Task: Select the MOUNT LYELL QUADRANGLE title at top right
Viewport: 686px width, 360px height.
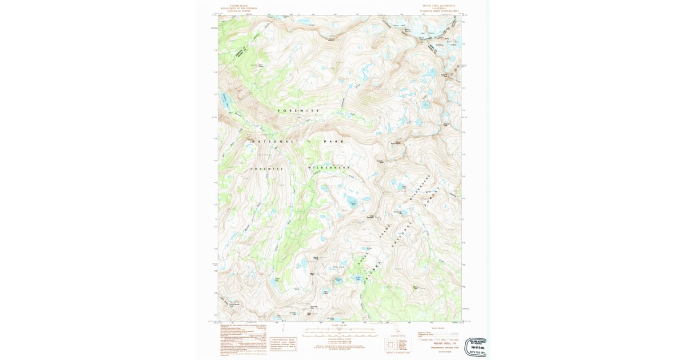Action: (440, 6)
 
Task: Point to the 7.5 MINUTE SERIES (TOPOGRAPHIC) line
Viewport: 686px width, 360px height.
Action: (440, 11)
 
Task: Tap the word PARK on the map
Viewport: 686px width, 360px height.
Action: (332, 141)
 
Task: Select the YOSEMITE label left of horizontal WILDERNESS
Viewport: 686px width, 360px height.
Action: (266, 169)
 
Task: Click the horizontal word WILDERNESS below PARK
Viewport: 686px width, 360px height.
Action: (329, 167)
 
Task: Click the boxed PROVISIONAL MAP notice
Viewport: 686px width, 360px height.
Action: (283, 343)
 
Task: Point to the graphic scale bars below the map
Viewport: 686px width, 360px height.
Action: (339, 331)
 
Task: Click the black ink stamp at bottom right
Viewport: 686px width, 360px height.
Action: (475, 346)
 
